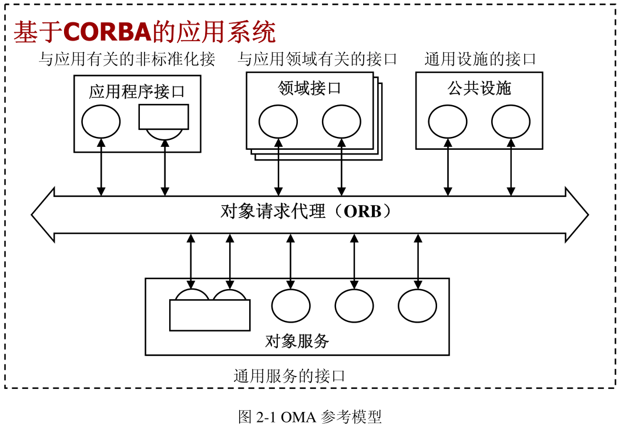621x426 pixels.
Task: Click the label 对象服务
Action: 297,341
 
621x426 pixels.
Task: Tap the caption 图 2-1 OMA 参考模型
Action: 310,417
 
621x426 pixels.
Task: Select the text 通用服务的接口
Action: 289,375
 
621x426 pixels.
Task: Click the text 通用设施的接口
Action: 480,59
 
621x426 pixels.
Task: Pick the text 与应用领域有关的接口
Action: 318,59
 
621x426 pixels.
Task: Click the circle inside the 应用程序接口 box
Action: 101,122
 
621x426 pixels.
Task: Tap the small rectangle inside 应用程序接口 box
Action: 163,116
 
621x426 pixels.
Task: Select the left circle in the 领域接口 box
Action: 278,122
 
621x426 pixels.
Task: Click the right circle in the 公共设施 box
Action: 511,122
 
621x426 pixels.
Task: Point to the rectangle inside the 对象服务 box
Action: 210,315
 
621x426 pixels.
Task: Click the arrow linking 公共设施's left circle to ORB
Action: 448,167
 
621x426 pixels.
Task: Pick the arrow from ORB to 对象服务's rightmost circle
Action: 418,261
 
